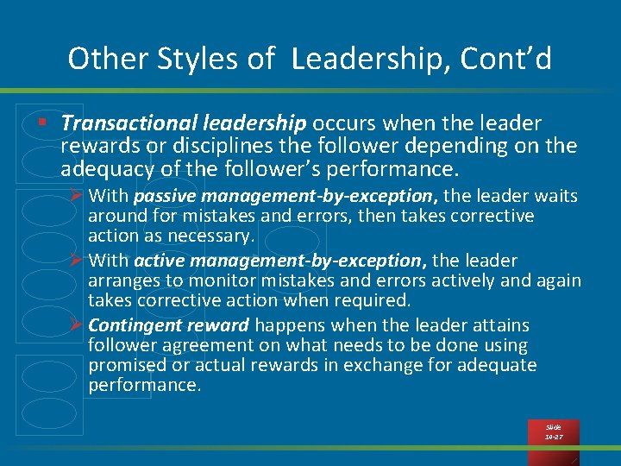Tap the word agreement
[x=205, y=345]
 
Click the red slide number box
[x=553, y=432]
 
